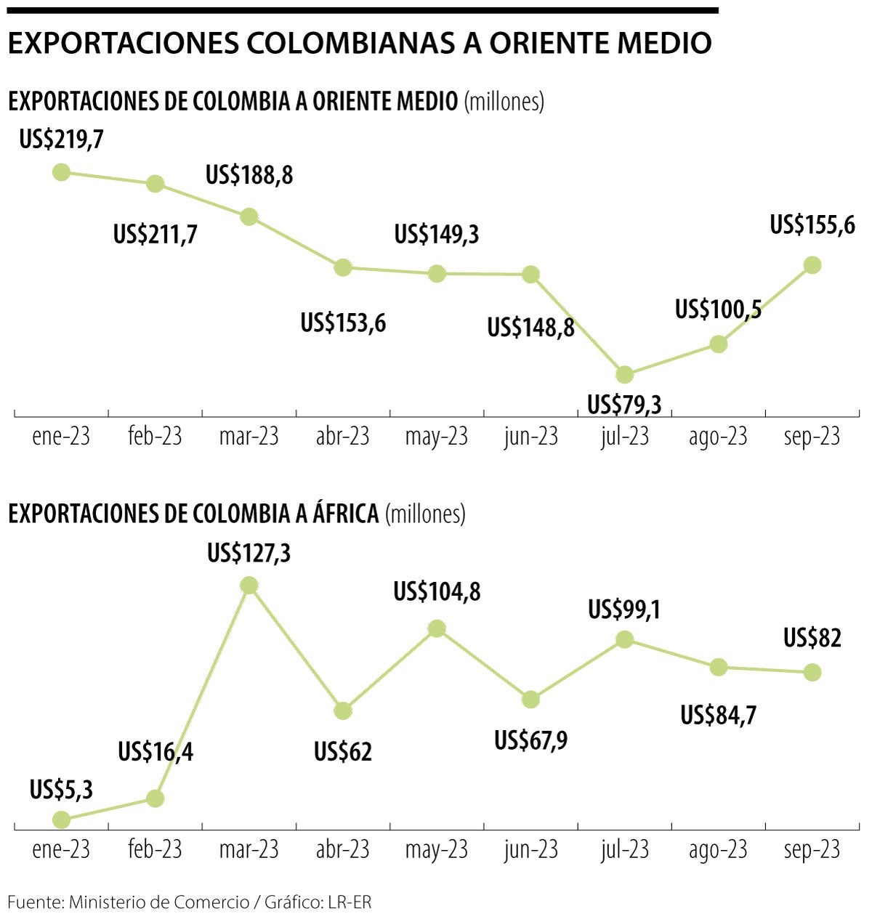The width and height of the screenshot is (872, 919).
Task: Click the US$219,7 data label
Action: coord(61,139)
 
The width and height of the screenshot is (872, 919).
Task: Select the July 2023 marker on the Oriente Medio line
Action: coord(624,375)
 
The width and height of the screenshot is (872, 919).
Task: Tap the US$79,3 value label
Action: coord(624,405)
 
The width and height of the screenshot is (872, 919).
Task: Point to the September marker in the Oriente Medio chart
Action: coord(812,265)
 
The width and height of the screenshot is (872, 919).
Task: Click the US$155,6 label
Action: coord(812,225)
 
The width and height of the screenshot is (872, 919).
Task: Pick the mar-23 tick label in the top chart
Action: coord(249,437)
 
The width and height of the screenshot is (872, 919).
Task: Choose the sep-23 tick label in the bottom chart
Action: coord(812,849)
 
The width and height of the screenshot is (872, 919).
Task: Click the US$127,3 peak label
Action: coord(249,554)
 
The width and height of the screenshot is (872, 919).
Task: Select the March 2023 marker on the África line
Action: coord(249,585)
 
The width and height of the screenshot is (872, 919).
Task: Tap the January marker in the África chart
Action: coord(61,819)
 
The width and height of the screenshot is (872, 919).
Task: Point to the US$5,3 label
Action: coord(61,790)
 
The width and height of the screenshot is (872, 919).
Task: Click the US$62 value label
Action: coord(343,752)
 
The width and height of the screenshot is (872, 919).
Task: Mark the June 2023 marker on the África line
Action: coord(530,700)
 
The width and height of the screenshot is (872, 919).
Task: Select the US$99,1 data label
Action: coord(624,610)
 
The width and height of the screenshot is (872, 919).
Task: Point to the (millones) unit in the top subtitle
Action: coord(504,101)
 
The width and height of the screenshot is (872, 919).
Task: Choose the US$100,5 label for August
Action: coord(718,309)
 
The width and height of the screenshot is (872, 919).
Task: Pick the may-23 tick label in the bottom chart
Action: coord(436,849)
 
